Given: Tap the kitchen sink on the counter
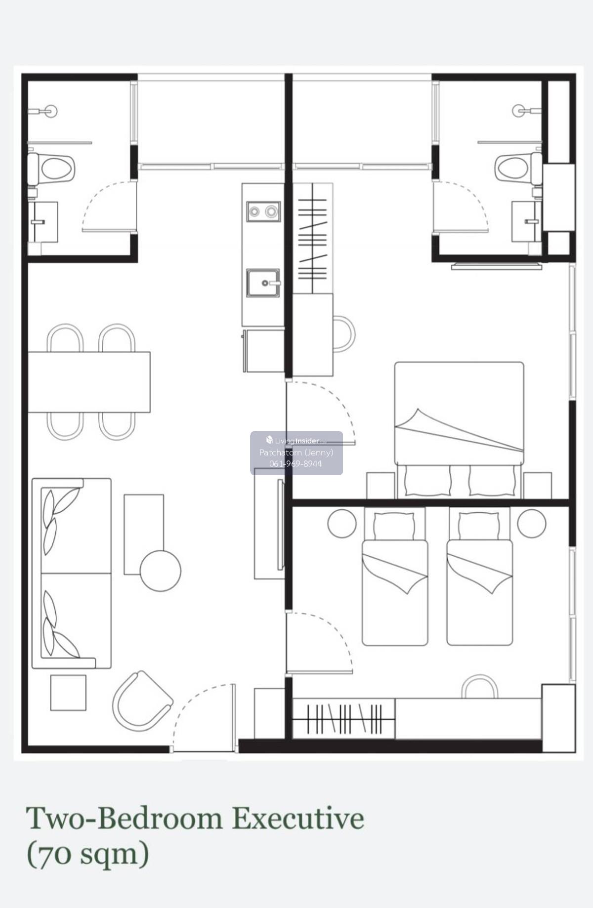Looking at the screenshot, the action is pyautogui.click(x=263, y=283).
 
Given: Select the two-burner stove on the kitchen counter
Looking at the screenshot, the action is pyautogui.click(x=263, y=211).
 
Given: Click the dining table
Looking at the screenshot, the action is pyautogui.click(x=89, y=382).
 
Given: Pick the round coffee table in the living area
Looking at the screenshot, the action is pyautogui.click(x=161, y=571).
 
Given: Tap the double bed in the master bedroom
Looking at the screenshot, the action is pyautogui.click(x=459, y=430).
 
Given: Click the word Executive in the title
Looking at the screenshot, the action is pyautogui.click(x=298, y=819).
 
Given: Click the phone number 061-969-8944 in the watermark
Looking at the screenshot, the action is pyautogui.click(x=296, y=464).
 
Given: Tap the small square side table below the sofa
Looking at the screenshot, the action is pyautogui.click(x=68, y=693).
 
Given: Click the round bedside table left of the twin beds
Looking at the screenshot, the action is pyautogui.click(x=342, y=523).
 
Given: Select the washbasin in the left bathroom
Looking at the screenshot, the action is pyautogui.click(x=42, y=222).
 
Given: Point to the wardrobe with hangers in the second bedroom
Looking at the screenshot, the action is pyautogui.click(x=344, y=718).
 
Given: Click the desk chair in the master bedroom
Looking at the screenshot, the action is pyautogui.click(x=344, y=334).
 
